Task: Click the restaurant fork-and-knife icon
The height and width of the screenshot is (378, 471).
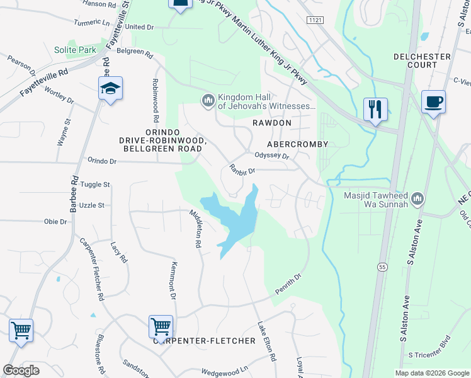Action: [375, 110]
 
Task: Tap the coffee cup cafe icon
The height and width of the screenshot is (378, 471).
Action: [433, 102]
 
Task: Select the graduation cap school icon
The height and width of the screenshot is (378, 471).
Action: [110, 89]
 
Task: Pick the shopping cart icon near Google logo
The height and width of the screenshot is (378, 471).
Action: [21, 330]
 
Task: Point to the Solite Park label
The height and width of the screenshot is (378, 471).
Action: [74, 50]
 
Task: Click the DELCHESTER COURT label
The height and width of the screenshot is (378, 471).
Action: [422, 60]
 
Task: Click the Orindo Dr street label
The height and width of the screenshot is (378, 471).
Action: [102, 161]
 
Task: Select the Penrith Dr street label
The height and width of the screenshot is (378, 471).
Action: [288, 283]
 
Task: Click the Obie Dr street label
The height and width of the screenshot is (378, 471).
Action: [55, 222]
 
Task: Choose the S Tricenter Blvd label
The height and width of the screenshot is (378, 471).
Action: [431, 355]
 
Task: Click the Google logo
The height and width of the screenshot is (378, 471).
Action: [21, 370]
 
